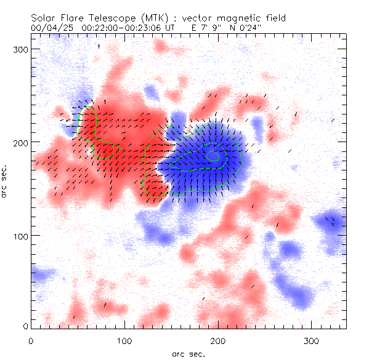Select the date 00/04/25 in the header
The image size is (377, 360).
pyautogui.click(x=50, y=28)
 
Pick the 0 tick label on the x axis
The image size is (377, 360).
pyautogui.click(x=31, y=340)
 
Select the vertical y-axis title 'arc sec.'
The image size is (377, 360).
pyautogui.click(x=5, y=181)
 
